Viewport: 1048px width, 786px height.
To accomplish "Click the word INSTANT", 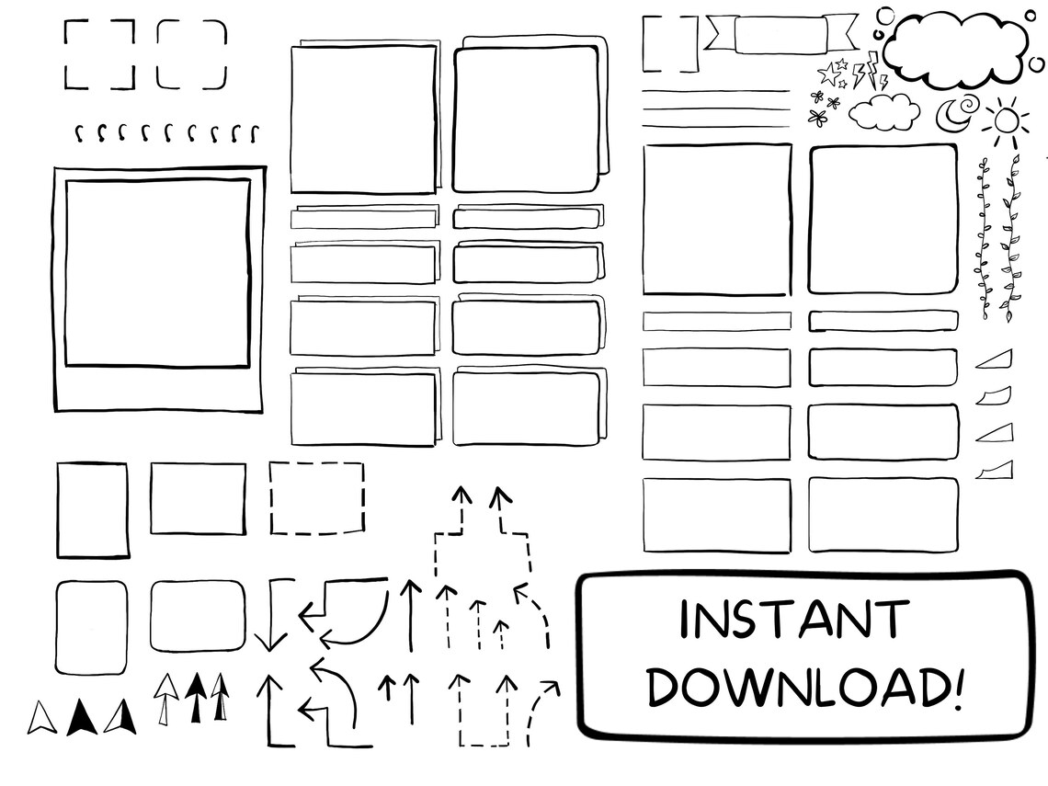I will click(x=794, y=621).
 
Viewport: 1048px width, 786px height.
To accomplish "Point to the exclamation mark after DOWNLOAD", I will click(x=958, y=685).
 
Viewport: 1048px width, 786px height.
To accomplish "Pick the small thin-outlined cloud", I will click(x=883, y=112).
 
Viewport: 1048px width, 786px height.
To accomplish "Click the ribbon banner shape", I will click(x=780, y=35).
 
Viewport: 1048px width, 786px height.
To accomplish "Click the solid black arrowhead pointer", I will click(x=81, y=718).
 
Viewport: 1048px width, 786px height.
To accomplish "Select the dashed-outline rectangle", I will click(x=316, y=497).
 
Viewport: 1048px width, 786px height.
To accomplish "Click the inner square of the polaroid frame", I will click(x=157, y=273).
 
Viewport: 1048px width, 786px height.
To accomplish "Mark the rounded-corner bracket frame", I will click(x=191, y=55).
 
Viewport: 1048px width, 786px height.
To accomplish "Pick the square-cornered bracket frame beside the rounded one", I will click(x=98, y=55).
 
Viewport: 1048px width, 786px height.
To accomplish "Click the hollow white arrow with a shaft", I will click(x=165, y=699).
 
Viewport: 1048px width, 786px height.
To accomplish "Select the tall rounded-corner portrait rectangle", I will click(x=91, y=627).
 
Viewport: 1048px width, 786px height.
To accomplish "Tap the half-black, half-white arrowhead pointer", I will click(x=120, y=717).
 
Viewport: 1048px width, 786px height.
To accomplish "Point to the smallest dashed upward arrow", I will click(x=500, y=633).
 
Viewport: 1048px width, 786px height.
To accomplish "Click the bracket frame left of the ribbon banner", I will click(x=669, y=43).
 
